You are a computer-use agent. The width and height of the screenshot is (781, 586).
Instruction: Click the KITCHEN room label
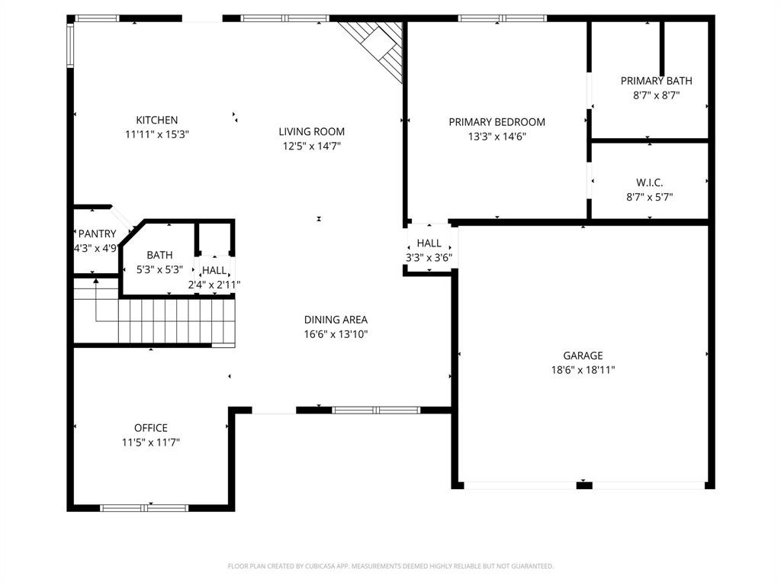[156, 120]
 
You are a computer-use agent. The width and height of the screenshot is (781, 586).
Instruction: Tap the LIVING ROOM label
[311, 131]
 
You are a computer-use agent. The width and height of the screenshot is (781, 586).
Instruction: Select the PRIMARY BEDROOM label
[497, 122]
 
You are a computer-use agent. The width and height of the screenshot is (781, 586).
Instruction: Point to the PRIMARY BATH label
[656, 81]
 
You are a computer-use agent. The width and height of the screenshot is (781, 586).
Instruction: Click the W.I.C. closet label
[649, 182]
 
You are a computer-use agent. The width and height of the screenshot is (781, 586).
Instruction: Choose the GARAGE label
[583, 356]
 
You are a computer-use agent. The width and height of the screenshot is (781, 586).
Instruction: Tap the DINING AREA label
[336, 320]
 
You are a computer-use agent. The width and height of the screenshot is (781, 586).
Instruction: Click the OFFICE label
[150, 428]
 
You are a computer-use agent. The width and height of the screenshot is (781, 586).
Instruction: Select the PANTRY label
[97, 233]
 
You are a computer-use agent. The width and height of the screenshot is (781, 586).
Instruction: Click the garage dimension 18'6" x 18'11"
[583, 370]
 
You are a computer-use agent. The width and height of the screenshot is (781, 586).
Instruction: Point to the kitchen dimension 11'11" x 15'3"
[156, 134]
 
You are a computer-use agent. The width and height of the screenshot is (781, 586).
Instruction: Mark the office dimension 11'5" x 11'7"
[150, 442]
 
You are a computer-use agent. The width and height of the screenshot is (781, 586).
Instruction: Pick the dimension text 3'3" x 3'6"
[429, 257]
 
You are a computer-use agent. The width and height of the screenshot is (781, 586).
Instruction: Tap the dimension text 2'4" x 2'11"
[214, 285]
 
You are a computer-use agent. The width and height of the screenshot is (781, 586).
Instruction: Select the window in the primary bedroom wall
[503, 18]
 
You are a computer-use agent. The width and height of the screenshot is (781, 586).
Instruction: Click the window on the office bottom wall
[145, 507]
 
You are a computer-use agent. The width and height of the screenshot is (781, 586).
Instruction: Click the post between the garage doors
[584, 485]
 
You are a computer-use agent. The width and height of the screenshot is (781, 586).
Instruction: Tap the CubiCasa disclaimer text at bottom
[390, 566]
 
